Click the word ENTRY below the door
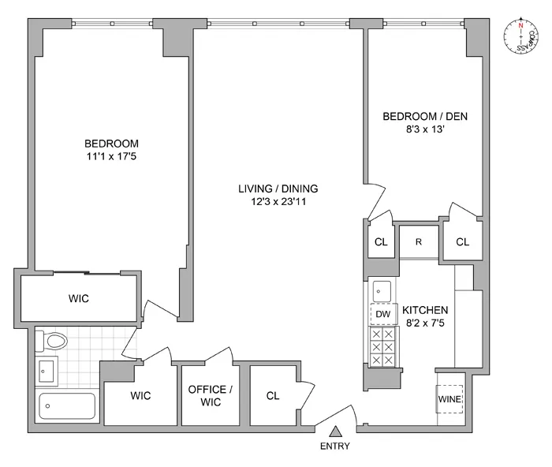(x=335, y=447)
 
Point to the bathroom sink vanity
(x=47, y=370)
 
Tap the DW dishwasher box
(x=383, y=315)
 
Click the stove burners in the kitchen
(x=383, y=348)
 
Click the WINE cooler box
(x=449, y=399)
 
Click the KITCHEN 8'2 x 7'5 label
(x=425, y=316)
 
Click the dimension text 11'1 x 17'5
(x=111, y=157)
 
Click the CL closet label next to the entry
(x=273, y=396)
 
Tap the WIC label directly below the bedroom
(x=79, y=299)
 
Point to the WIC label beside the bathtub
(x=140, y=396)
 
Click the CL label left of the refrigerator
(x=380, y=241)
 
